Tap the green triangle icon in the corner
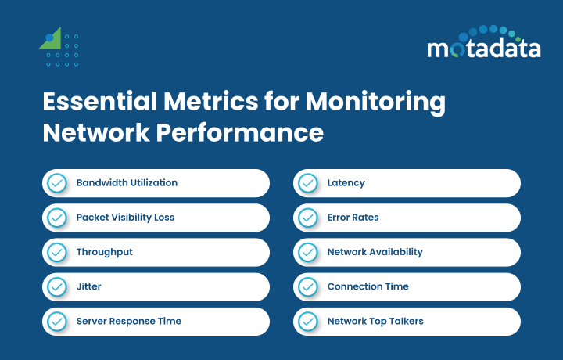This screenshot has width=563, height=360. point(51,39)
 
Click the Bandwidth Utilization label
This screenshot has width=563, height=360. point(127,183)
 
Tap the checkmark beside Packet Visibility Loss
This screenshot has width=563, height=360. point(57,218)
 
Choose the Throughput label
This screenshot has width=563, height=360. point(104,252)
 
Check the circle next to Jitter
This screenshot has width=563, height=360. point(57,286)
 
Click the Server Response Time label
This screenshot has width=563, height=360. point(128,321)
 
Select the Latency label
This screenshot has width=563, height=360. point(346,183)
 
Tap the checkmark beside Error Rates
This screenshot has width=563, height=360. point(308,218)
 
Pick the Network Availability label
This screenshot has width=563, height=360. point(375,252)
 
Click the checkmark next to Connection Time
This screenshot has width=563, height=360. point(308,286)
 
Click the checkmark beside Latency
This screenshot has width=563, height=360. point(308,183)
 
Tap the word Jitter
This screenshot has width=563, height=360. point(88,286)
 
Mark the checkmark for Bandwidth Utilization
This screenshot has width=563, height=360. point(57,183)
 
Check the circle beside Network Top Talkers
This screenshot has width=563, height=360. point(308,321)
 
